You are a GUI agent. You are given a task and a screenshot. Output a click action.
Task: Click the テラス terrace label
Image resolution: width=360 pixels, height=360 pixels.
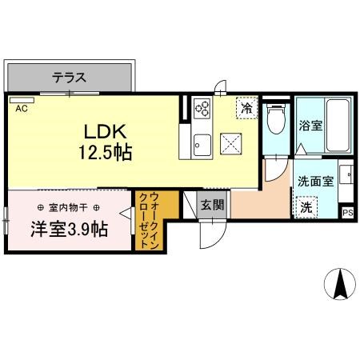[x=69, y=78]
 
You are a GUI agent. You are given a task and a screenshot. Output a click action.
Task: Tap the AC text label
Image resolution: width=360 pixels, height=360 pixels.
[x=22, y=108]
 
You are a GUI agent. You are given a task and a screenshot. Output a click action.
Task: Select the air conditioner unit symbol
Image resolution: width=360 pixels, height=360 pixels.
[x=22, y=100]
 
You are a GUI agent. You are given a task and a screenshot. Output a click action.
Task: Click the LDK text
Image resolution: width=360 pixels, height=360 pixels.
[x=105, y=131]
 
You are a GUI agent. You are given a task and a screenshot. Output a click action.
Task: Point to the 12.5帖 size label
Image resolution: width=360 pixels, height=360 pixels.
[x=106, y=152]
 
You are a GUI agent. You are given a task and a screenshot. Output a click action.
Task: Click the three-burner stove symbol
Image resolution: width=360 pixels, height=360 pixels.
[x=202, y=108]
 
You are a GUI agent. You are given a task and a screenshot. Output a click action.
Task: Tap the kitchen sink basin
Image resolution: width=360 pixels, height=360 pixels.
[x=202, y=145]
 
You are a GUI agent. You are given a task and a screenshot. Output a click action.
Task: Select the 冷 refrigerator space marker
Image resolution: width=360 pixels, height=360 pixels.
[x=247, y=107]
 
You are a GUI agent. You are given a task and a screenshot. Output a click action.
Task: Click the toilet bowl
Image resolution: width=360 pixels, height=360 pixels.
[x=276, y=119]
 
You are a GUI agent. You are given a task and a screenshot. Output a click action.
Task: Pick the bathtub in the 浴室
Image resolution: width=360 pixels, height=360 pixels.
[x=338, y=126]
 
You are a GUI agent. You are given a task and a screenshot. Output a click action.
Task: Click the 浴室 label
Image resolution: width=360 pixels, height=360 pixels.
[x=310, y=126]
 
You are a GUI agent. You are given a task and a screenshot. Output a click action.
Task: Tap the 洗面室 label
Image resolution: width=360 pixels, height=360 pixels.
[x=315, y=182]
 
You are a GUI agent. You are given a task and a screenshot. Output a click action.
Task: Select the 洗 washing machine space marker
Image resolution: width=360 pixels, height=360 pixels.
[x=306, y=207]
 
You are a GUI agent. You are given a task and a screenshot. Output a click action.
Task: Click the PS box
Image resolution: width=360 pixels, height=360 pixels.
[x=347, y=213]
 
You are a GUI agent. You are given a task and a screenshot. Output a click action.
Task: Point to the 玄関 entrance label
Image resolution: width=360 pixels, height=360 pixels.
[x=212, y=205]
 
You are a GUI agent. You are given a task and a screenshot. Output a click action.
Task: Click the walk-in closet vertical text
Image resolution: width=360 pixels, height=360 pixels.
[x=150, y=221]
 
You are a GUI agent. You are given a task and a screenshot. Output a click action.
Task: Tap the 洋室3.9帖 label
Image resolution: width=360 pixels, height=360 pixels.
[x=70, y=230]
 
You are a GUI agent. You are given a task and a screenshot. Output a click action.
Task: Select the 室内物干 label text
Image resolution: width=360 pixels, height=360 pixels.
[x=68, y=207]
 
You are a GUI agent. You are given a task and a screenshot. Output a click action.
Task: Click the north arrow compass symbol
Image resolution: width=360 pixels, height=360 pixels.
[x=340, y=284]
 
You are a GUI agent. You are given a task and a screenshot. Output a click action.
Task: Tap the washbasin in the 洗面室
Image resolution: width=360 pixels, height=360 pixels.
[x=346, y=174]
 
